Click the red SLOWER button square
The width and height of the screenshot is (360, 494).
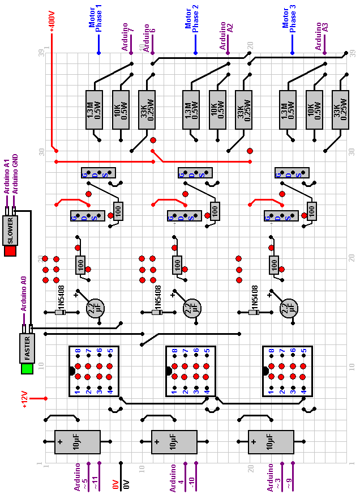[10, 250]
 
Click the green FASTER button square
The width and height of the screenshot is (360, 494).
[27, 369]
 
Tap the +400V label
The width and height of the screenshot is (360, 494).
[51, 19]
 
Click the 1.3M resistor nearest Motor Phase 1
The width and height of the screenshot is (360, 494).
[93, 110]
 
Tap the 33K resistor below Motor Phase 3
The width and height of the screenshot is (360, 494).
[341, 110]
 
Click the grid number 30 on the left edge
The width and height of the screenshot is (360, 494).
[41, 151]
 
